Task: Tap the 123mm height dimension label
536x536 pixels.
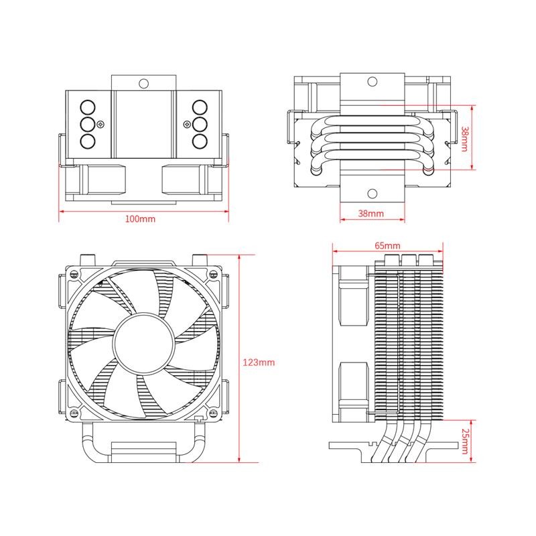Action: click(258, 362)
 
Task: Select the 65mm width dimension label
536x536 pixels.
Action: click(387, 246)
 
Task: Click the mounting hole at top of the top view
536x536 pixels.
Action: click(143, 84)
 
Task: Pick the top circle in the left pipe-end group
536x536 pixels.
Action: click(87, 107)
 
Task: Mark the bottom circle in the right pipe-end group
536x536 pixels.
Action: click(198, 141)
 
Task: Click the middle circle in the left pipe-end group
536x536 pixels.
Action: click(87, 124)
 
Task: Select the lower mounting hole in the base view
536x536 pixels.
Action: click(372, 194)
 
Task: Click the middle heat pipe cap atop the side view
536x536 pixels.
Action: click(408, 259)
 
